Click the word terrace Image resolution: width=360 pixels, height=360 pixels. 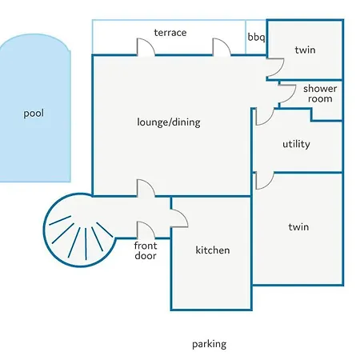point(170,33)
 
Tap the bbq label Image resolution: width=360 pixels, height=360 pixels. point(256,37)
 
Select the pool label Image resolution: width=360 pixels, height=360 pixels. point(34,114)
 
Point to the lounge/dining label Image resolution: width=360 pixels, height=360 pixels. point(169,122)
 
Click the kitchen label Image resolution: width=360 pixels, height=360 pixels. point(213,250)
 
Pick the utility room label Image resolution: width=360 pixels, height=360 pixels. point(296,144)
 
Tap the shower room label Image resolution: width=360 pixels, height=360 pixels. point(320,94)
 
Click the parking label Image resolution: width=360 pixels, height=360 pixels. point(210,344)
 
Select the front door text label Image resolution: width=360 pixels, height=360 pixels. point(146,250)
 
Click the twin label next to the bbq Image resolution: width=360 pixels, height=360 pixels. point(305,50)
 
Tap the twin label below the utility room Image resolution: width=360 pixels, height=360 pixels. point(298,227)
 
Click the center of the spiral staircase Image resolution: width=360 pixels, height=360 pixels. point(80,230)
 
